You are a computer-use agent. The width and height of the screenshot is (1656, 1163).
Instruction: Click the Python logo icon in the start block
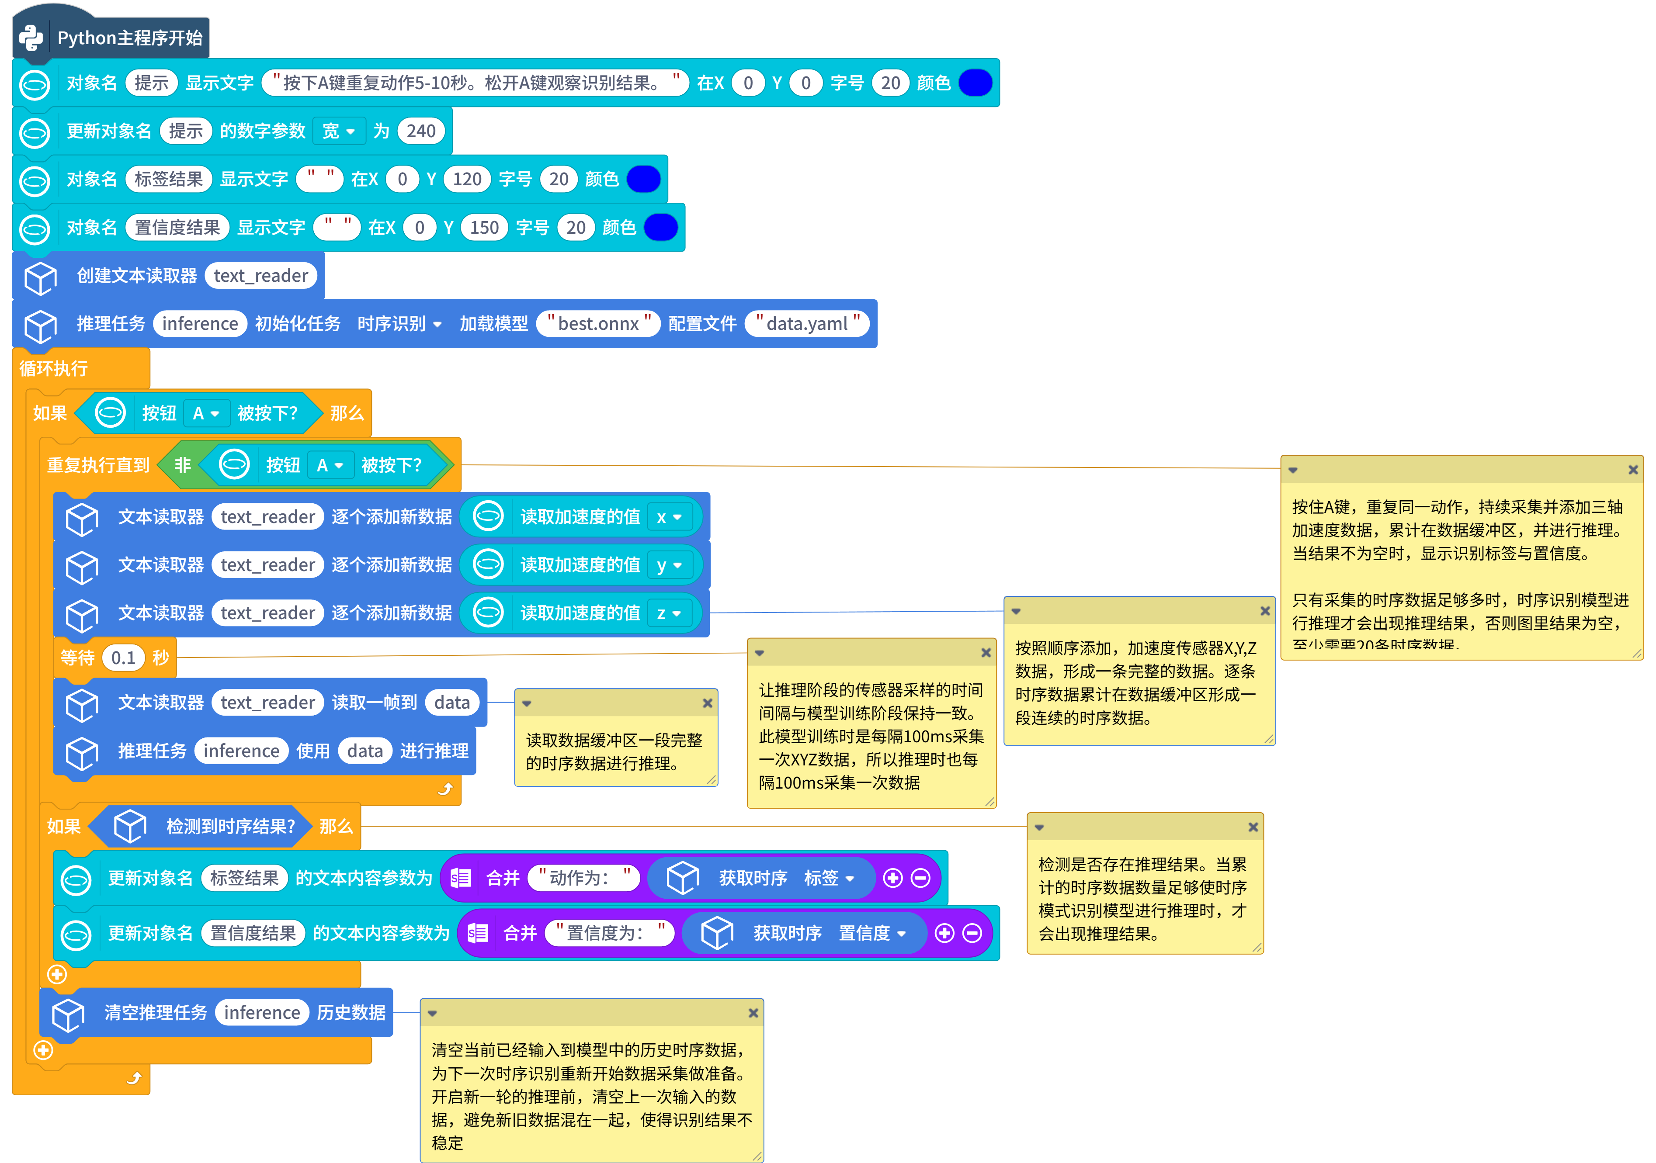(31, 38)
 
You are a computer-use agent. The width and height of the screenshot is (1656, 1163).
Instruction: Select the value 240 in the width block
(420, 131)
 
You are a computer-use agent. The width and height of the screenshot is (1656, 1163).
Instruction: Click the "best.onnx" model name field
(599, 324)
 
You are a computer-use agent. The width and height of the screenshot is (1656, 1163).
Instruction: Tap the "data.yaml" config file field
(807, 324)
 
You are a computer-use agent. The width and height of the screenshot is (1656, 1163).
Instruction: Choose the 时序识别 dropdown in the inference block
(399, 324)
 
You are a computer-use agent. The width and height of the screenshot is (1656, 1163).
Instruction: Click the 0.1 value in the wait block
(123, 658)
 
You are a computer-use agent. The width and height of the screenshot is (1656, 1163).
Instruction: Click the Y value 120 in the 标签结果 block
(467, 179)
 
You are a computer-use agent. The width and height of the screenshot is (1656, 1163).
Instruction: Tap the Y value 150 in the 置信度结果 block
(484, 228)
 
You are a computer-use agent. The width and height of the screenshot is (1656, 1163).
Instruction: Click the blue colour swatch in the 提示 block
(975, 83)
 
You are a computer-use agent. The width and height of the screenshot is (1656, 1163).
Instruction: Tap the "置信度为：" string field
(609, 933)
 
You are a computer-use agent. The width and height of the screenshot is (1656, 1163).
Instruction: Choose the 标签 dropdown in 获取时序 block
(829, 877)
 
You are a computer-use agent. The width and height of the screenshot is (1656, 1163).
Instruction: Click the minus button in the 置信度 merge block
(972, 933)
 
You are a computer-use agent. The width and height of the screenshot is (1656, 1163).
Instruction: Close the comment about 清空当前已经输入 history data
(753, 1013)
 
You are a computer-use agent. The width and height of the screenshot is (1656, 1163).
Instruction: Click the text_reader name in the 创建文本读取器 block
(260, 275)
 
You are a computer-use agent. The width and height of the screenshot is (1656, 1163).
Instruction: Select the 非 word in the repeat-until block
(183, 465)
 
